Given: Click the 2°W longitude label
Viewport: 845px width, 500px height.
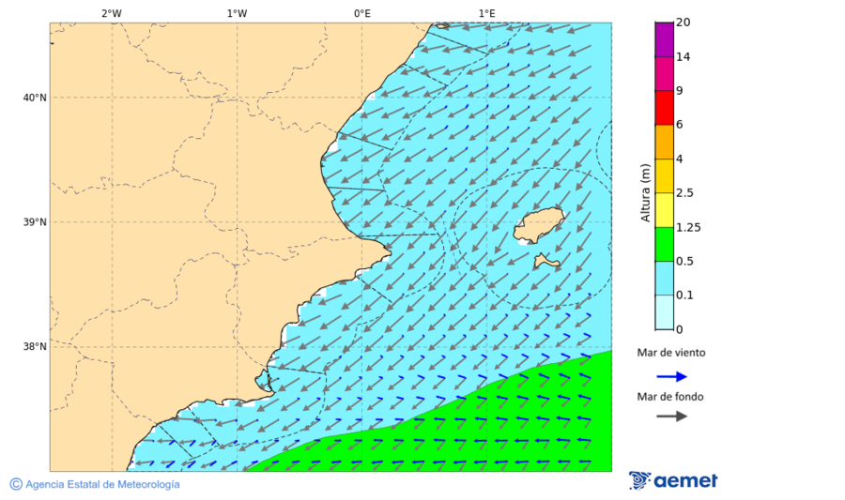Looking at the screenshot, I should pyautogui.click(x=111, y=13).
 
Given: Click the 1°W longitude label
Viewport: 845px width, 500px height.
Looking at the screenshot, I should pyautogui.click(x=237, y=13).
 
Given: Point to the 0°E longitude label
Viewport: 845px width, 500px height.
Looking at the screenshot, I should pyautogui.click(x=361, y=13).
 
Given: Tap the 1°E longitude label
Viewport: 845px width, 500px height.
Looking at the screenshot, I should pyautogui.click(x=486, y=13).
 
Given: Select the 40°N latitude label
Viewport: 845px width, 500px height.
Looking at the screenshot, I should pyautogui.click(x=35, y=98).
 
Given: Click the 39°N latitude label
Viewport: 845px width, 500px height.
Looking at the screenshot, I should pyautogui.click(x=35, y=222).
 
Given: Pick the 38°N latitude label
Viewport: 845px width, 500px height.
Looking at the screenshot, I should pyautogui.click(x=35, y=346).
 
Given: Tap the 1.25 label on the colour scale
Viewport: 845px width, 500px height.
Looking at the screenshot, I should pyautogui.click(x=689, y=227).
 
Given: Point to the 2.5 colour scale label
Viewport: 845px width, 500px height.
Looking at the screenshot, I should pyautogui.click(x=684, y=193).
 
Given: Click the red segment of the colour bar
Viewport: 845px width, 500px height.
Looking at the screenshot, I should pyautogui.click(x=664, y=108).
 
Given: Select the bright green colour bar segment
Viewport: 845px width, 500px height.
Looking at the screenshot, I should pyautogui.click(x=664, y=244).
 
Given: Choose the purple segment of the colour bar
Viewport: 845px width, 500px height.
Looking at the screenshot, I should pyautogui.click(x=664, y=39).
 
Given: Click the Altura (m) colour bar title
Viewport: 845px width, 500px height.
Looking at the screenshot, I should pyautogui.click(x=645, y=193).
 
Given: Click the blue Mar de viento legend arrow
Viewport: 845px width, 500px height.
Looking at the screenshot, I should pyautogui.click(x=671, y=376).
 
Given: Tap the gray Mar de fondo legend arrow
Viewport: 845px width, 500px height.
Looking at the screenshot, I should pyautogui.click(x=671, y=417).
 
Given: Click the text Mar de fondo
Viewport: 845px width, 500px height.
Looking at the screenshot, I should pyautogui.click(x=669, y=397).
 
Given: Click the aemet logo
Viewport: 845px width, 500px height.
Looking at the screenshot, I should pyautogui.click(x=673, y=480).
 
